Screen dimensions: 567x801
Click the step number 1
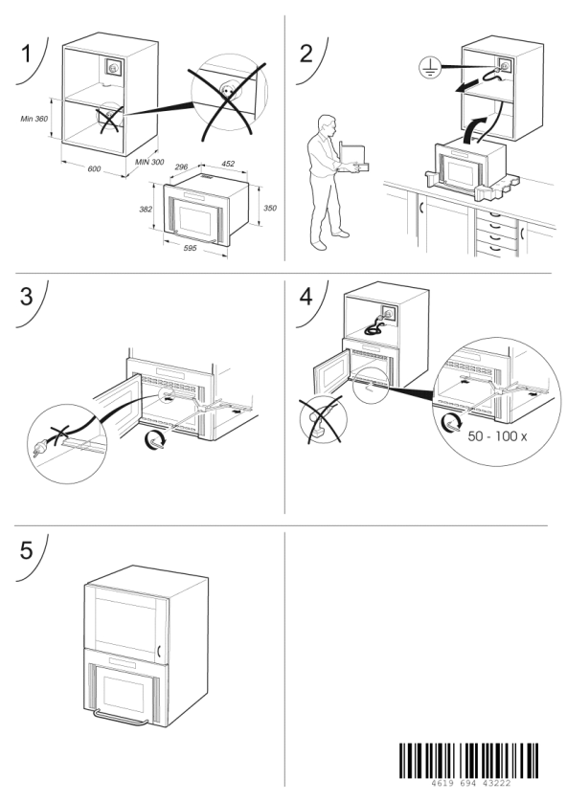click(26, 54)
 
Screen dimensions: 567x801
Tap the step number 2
click(306, 54)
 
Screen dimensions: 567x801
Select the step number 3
click(26, 297)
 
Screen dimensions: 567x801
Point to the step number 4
click(306, 297)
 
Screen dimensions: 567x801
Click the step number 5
click(26, 550)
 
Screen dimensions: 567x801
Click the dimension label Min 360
click(34, 119)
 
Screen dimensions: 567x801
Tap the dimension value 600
click(94, 168)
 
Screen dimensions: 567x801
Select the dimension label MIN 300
click(149, 162)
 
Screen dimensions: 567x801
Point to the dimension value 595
click(190, 248)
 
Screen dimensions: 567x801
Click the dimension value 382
click(147, 209)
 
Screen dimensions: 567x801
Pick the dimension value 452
click(228, 164)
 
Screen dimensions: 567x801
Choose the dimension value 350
click(270, 208)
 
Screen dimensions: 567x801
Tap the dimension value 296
click(182, 167)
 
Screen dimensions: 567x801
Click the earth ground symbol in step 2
click(430, 67)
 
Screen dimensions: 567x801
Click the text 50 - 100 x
click(497, 436)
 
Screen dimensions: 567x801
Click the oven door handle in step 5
click(121, 719)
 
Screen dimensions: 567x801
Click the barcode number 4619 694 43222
click(470, 783)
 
